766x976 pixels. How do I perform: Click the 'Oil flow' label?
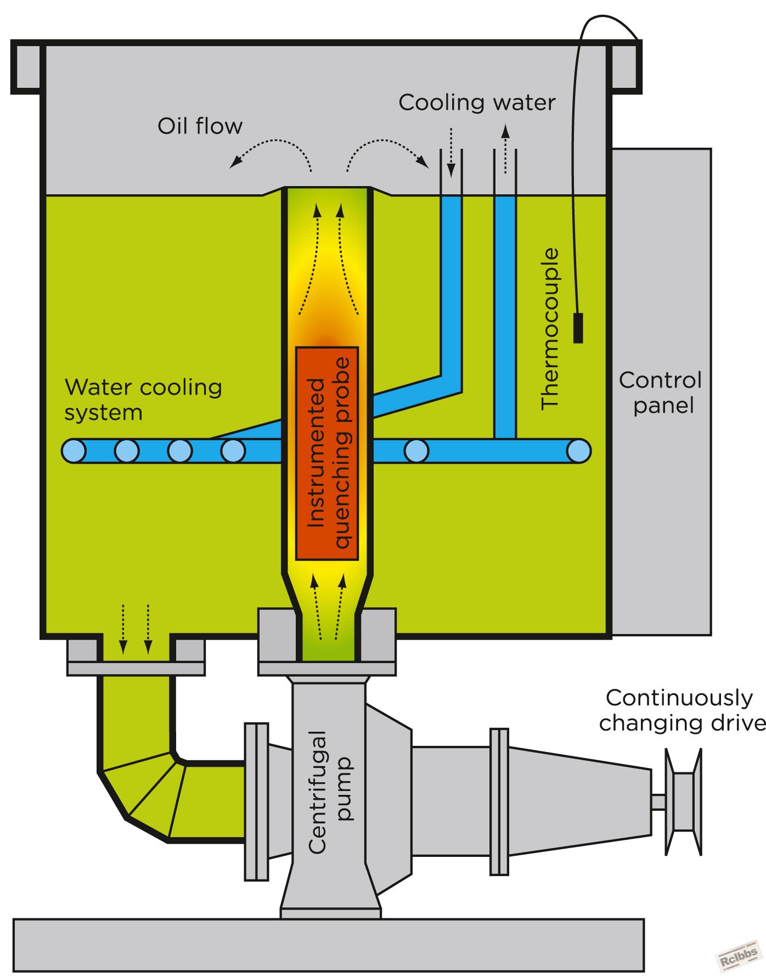point(200,126)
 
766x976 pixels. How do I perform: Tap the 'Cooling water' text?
point(477,103)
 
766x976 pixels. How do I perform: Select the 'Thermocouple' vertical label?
point(550,329)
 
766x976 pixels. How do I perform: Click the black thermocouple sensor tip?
point(578,328)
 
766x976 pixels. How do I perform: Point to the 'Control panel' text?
point(661,392)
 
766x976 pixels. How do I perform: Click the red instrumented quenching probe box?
point(327,453)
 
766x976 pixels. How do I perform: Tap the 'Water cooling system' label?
point(143,400)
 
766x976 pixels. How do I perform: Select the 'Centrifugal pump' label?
point(329,792)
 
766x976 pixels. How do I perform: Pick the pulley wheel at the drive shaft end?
point(684,802)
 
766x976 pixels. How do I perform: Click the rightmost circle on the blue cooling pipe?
point(578,451)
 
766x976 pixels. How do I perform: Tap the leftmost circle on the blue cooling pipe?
point(74,451)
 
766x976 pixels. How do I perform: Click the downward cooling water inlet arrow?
point(451,153)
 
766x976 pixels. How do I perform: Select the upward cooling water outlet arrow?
point(505,149)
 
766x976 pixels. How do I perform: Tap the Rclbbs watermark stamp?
point(738,958)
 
